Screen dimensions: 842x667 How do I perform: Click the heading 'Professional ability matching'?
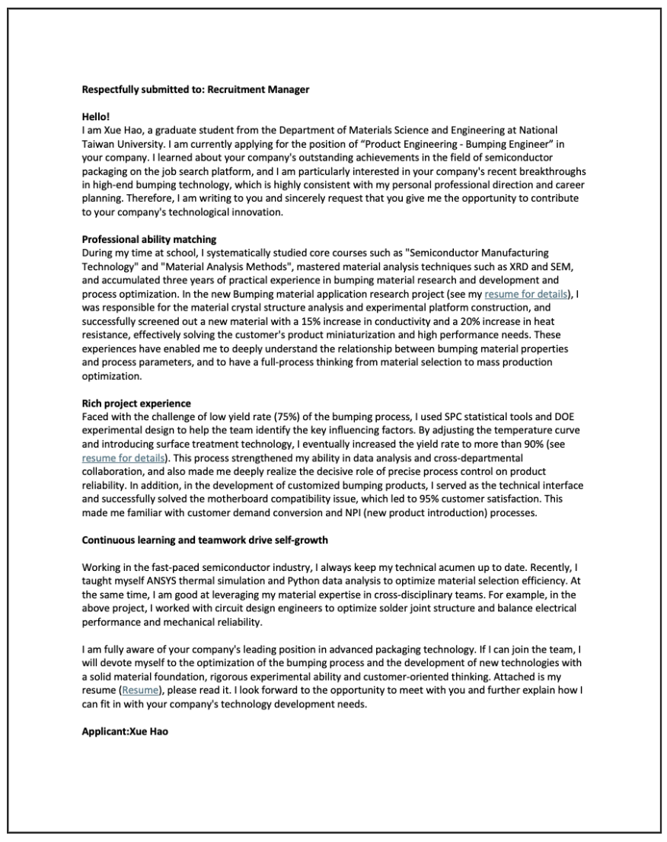149,239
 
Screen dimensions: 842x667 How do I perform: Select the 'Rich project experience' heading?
136,403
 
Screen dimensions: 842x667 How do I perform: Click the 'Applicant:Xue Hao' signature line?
125,732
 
